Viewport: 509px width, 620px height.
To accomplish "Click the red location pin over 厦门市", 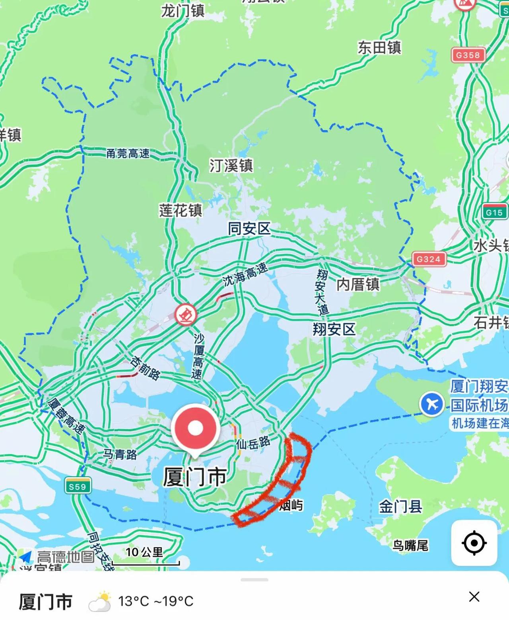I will (x=195, y=428).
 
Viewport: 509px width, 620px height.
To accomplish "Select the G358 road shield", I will (x=468, y=55).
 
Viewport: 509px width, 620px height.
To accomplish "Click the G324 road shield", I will (x=428, y=259).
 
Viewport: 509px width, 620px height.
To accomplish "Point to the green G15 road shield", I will (x=494, y=212).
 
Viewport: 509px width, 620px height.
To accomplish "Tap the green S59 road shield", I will (x=77, y=486).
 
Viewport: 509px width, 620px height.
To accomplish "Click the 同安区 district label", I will (x=249, y=229).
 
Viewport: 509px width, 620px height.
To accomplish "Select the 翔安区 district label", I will (x=334, y=329).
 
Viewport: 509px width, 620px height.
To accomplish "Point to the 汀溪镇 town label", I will (x=231, y=165).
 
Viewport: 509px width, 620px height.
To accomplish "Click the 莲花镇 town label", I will (x=181, y=210).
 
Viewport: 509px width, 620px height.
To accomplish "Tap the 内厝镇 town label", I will (x=358, y=284).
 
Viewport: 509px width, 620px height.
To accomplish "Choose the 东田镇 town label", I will (x=379, y=48).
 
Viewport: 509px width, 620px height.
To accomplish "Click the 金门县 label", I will (x=400, y=507).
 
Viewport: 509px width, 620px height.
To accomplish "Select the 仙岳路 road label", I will (x=253, y=442).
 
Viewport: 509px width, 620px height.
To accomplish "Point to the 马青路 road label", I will (x=120, y=454).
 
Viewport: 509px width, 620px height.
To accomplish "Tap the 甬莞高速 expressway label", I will (x=128, y=153).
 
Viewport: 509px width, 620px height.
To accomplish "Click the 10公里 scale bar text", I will (x=144, y=552).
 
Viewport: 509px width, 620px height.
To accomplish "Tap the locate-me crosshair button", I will (x=474, y=543).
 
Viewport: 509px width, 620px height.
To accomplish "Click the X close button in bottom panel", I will (x=474, y=597).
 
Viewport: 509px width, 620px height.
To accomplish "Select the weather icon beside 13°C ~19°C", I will (x=99, y=601).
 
